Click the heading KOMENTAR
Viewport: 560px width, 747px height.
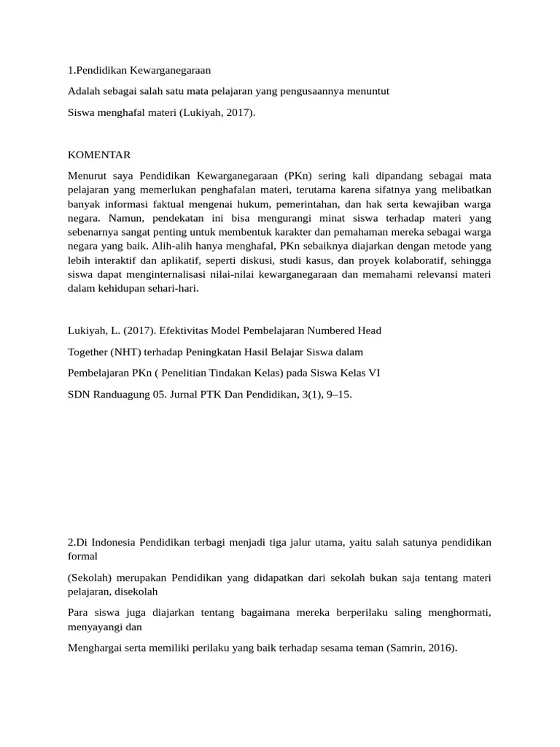click(x=99, y=155)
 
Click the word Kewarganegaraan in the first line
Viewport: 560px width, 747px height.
click(x=171, y=71)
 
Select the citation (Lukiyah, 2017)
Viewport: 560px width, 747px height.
click(x=218, y=113)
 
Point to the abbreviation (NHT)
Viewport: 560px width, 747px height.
click(x=128, y=352)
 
